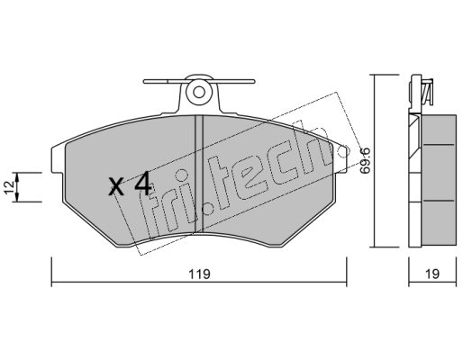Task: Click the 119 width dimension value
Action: [199, 274]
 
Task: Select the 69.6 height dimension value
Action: [365, 160]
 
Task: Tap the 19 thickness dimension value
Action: [432, 274]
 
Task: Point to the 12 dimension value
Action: [9, 187]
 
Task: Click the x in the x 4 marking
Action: [116, 186]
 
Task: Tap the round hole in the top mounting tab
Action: [198, 92]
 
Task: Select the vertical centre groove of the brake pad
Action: [199, 174]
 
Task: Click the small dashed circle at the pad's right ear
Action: [342, 151]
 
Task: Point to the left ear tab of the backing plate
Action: [58, 159]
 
